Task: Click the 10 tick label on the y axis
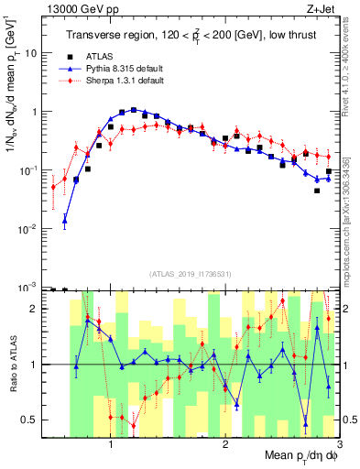[31, 53]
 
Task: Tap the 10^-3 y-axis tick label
[29, 286]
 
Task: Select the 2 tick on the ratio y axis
[33, 309]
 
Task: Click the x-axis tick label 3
[338, 444]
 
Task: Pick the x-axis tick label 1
[111, 444]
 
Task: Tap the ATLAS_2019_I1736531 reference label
[191, 273]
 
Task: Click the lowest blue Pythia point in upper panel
[64, 221]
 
